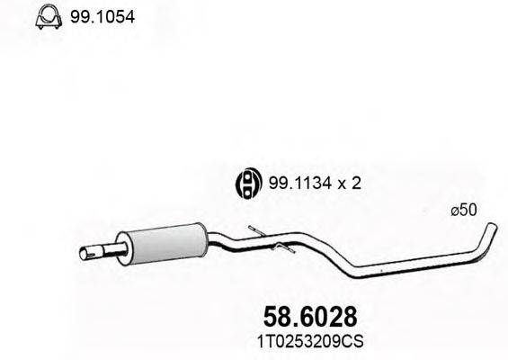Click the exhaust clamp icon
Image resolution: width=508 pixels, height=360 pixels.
[x=48, y=17]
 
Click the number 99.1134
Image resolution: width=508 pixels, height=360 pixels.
[x=293, y=184]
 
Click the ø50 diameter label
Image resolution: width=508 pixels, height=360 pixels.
[x=461, y=210]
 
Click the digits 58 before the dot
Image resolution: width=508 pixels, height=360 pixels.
[x=276, y=316]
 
